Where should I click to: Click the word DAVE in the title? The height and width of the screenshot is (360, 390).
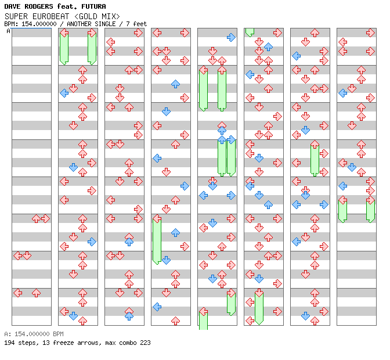(12, 6)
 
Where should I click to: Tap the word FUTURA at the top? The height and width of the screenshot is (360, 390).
(93, 6)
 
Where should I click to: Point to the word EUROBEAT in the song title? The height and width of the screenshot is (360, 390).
(50, 16)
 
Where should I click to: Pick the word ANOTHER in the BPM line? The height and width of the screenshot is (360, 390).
(79, 24)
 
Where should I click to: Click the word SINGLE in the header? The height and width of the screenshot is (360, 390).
(105, 24)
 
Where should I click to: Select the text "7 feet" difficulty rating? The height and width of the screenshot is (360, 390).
(136, 24)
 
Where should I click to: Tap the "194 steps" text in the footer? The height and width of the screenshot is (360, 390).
(21, 343)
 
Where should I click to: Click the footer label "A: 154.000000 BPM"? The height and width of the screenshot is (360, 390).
(34, 334)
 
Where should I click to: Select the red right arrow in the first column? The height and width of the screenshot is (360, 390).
(45, 219)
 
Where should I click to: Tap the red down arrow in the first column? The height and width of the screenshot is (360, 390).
(27, 255)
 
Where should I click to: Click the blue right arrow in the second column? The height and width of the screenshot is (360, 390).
(92, 242)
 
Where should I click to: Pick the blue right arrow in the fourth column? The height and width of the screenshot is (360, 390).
(185, 186)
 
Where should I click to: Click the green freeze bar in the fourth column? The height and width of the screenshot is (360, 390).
(157, 240)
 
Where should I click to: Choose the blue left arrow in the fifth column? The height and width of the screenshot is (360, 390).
(204, 195)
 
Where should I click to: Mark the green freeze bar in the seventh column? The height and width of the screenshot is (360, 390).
(315, 159)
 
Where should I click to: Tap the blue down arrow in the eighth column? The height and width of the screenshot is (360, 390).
(352, 167)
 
